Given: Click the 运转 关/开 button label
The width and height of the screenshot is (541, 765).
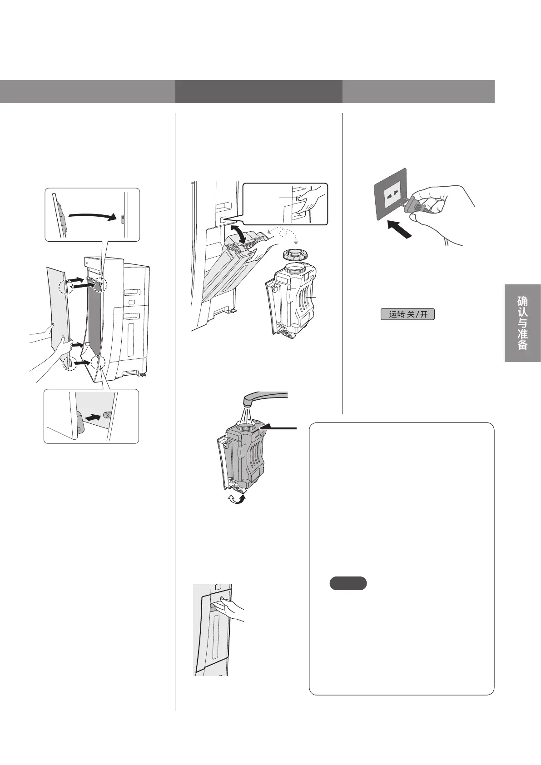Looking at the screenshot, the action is tap(407, 314).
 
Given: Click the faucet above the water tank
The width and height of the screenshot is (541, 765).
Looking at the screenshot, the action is tap(263, 397).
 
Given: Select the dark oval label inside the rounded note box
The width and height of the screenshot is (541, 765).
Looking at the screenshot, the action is tap(348, 583).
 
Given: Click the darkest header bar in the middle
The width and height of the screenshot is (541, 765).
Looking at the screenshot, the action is tap(258, 92).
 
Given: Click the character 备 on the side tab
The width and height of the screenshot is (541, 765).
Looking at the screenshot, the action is tap(522, 344).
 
